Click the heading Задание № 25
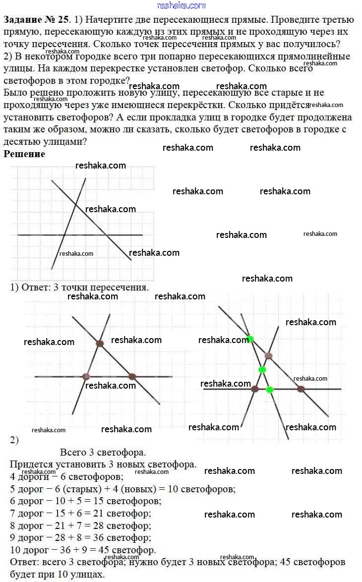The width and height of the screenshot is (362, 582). click(x=37, y=20)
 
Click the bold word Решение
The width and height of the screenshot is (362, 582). click(x=24, y=154)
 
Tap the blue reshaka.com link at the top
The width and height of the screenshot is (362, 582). click(x=181, y=5)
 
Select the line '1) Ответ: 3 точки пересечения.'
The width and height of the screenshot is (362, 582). click(x=79, y=287)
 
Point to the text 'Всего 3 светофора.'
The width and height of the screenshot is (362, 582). click(x=103, y=452)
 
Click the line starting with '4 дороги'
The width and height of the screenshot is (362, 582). click(x=66, y=477)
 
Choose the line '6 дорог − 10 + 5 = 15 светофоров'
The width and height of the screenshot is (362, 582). click(x=85, y=501)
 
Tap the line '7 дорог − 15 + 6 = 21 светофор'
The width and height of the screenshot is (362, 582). click(x=80, y=513)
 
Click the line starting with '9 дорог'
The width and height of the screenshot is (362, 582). click(x=80, y=537)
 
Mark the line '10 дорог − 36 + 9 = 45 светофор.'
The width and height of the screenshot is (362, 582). click(x=83, y=550)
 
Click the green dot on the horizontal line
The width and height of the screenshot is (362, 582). click(x=270, y=390)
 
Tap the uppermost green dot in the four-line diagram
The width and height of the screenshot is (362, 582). click(x=250, y=339)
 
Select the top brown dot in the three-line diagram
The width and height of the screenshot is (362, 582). click(x=100, y=343)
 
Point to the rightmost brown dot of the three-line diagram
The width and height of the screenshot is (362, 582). click(x=132, y=377)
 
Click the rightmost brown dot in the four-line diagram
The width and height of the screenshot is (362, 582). click(x=301, y=389)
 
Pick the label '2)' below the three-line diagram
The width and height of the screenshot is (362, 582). click(x=14, y=440)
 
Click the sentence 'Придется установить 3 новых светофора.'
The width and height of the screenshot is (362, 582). click(x=103, y=465)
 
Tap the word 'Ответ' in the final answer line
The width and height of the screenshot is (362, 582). click(x=22, y=562)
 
